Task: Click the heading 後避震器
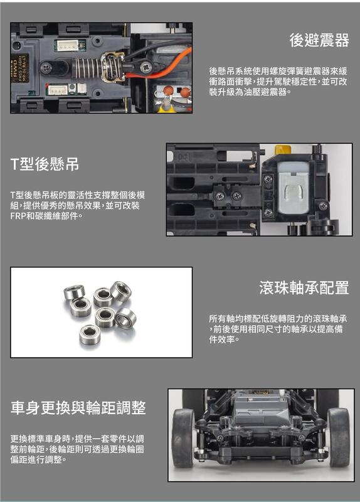pos(319,40)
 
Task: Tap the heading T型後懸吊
pos(45,164)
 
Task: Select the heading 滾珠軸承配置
pos(304,287)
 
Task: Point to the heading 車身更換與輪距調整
pos(78,407)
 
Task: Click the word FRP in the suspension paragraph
pos(18,216)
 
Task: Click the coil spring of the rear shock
pos(87,68)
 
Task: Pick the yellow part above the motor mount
pos(283,149)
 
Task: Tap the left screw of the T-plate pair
pos(220,196)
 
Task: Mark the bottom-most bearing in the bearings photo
pos(90,334)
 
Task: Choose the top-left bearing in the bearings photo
pos(74,292)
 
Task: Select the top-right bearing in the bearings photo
pos(120,291)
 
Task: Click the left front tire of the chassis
pos(183,438)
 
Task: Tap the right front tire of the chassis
pos(339,437)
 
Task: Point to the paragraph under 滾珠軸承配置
pos(278,329)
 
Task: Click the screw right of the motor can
pos(322,206)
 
